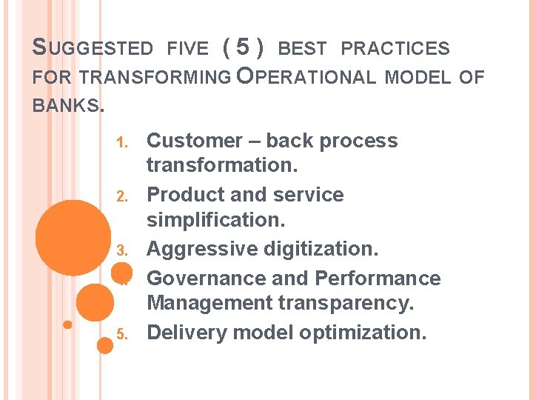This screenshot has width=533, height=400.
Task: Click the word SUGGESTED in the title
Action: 93,49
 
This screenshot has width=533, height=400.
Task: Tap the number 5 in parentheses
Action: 242,48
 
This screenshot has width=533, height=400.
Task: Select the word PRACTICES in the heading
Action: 395,49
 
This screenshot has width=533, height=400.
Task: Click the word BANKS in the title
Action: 66,105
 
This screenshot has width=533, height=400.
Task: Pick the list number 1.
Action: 123,141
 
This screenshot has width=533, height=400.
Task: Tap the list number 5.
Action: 123,334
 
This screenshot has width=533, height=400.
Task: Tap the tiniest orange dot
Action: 67,324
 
